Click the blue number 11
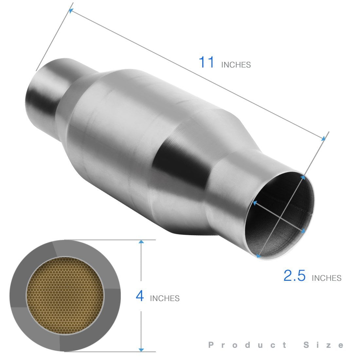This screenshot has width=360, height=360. tap(207, 62)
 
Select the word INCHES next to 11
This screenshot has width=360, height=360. tap(236, 65)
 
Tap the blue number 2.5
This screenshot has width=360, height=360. tap(294, 276)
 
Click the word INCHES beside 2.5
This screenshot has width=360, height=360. tap(327, 278)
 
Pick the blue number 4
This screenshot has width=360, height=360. tap(140, 296)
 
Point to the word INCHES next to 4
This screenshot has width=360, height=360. tap(165, 298)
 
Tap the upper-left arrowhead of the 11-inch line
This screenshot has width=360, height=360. tap(71, 11)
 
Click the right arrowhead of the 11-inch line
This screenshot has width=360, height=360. tap(323, 139)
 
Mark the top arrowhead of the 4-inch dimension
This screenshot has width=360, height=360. tap(141, 242)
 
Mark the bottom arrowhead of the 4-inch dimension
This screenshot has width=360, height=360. tap(141, 350)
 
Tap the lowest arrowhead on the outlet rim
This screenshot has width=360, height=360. tap(258, 256)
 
